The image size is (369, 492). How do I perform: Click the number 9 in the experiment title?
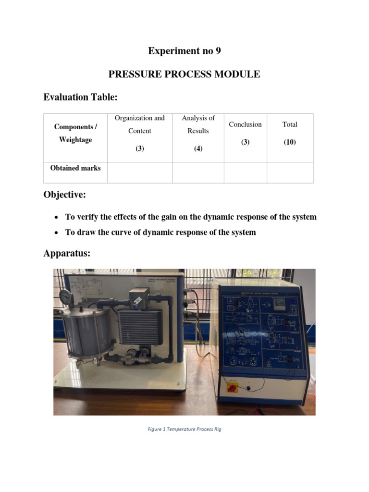[x=218, y=51]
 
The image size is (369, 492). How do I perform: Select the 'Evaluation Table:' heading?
[x=80, y=98]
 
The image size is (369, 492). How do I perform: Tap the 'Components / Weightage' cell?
[x=75, y=133]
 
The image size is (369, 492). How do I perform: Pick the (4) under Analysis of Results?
[x=198, y=149]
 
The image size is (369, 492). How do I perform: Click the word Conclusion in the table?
[x=245, y=124]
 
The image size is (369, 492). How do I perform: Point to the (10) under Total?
[x=290, y=143]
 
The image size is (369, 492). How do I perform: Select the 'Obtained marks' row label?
[x=75, y=168]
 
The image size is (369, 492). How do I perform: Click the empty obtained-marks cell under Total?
[x=290, y=172]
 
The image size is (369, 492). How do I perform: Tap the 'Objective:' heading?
[x=65, y=196]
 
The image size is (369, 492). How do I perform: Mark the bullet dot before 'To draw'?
[x=57, y=233]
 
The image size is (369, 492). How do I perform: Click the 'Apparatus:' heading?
[x=67, y=253]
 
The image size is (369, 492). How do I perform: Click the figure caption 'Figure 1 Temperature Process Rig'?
[x=184, y=429]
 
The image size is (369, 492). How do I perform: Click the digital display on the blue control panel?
[x=280, y=303]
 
